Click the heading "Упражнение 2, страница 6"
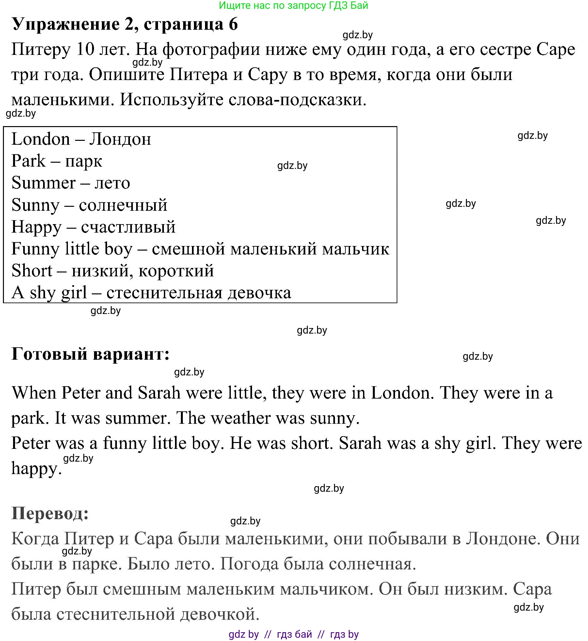125,24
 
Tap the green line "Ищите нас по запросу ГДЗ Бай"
293,5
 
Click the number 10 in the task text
85,50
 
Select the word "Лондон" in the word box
120,140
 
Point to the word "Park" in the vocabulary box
28,161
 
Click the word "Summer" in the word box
43,183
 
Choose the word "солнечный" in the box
123,205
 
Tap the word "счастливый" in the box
128,227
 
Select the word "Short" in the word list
32,271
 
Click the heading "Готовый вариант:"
90,354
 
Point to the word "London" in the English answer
402,393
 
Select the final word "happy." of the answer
36,469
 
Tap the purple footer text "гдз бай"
294,634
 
